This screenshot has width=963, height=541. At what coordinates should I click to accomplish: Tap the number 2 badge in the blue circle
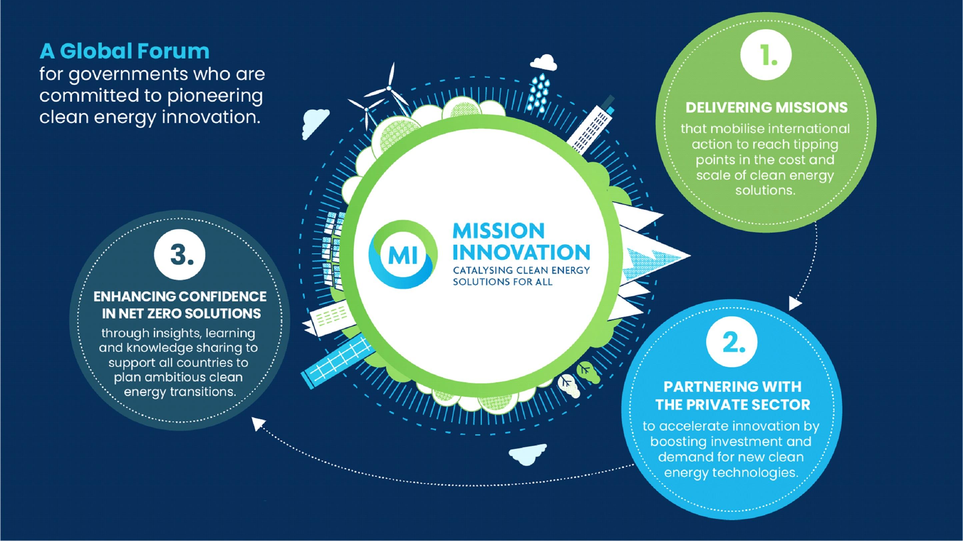tap(732, 342)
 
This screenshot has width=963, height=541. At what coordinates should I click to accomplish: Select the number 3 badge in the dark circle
tap(180, 255)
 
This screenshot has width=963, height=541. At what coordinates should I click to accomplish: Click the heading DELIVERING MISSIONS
tap(766, 108)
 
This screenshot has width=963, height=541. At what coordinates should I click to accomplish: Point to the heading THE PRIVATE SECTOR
tap(733, 405)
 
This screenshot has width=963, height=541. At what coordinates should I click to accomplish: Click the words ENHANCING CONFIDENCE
tap(180, 296)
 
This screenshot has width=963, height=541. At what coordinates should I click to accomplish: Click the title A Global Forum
tap(124, 51)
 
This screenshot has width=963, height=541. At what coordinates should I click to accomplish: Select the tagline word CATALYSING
tap(483, 270)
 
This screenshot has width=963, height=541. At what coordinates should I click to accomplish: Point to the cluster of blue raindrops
tap(539, 89)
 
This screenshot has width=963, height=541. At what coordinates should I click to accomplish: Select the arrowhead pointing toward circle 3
tap(258, 424)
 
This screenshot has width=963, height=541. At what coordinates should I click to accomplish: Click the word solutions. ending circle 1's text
tap(765, 190)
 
